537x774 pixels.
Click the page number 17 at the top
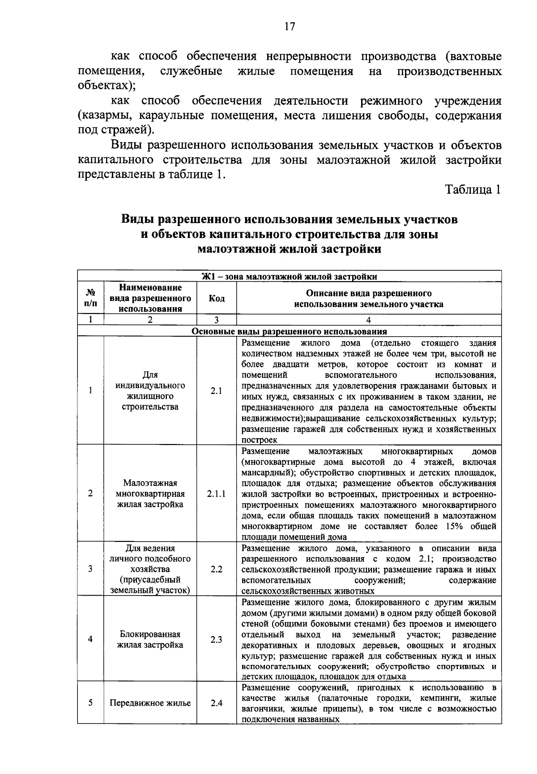pyautogui.click(x=290, y=26)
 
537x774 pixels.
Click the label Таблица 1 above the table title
pyautogui.click(x=473, y=189)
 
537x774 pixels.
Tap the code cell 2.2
pyautogui.click(x=216, y=569)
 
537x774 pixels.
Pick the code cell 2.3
pyautogui.click(x=216, y=639)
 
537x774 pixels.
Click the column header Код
pyautogui.click(x=217, y=298)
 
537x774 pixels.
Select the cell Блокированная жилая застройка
pyautogui.click(x=150, y=639)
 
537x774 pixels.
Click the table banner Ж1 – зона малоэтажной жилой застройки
pyautogui.click(x=290, y=276)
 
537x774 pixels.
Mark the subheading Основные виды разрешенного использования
pyautogui.click(x=290, y=332)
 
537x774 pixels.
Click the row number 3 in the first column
pyautogui.click(x=90, y=569)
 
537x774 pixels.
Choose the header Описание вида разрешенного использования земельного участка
pyautogui.click(x=368, y=299)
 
